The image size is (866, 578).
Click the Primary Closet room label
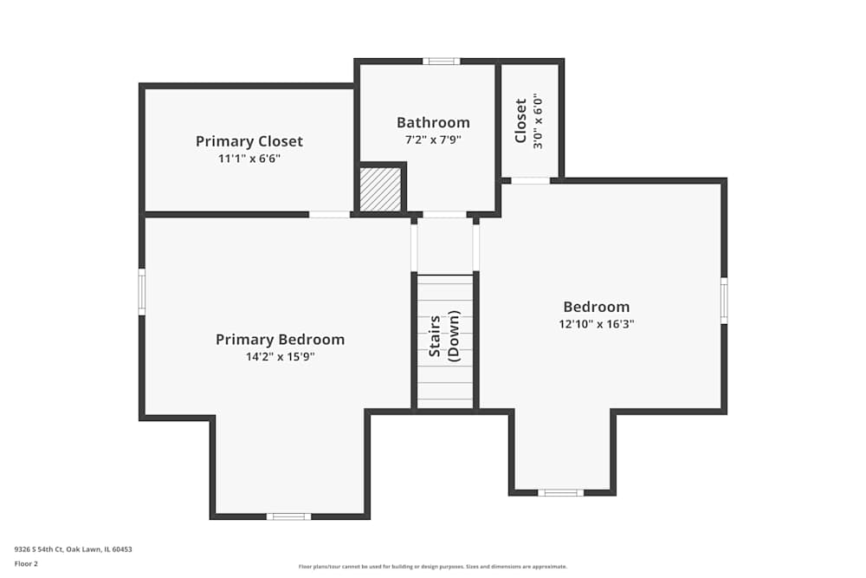pos(249,141)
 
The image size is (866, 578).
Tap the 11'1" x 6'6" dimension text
pos(249,159)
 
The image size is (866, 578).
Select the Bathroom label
pos(433,122)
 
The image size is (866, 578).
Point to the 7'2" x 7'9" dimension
pos(433,139)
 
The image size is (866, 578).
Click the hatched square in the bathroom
pos(380,189)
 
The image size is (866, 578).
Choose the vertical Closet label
pos(520,120)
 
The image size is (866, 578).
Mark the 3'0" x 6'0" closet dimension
pos(538,120)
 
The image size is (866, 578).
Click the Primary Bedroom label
pos(280,340)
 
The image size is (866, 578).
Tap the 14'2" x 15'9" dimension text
pos(280,356)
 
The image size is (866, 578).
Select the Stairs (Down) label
pos(444,336)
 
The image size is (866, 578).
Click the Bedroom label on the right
pos(596,307)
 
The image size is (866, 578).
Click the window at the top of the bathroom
pos(441,61)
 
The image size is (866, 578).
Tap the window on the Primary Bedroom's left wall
pos(142,291)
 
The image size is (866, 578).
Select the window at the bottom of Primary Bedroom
pos(288,516)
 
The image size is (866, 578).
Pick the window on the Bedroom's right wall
pos(724,300)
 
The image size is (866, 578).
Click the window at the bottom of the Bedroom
pos(560,492)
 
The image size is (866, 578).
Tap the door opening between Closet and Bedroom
pos(530,180)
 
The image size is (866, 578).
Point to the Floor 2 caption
pos(26,563)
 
